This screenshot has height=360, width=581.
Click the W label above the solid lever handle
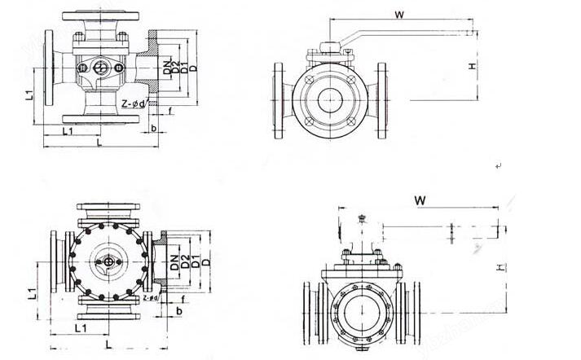point(399,15)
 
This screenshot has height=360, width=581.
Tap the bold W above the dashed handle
point(420,200)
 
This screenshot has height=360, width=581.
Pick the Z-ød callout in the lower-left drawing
point(152,298)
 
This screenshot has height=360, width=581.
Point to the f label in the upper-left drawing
point(169,111)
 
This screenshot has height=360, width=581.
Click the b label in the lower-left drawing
point(179,311)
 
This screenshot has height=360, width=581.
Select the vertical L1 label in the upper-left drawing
point(29,95)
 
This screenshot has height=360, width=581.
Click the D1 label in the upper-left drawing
point(185,66)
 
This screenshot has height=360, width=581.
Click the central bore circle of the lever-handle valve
point(329,99)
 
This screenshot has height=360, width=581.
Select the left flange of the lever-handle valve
point(278,99)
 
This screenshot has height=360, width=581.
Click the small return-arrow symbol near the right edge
point(499,166)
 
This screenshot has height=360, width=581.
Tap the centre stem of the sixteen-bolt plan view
point(109,262)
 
